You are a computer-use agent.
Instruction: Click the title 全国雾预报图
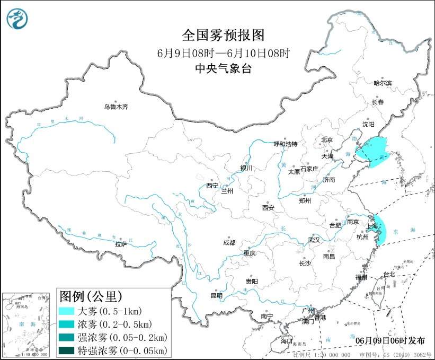click(223, 35)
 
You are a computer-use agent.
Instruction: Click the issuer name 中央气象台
click(223, 68)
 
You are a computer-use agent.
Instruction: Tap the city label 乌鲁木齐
click(116, 107)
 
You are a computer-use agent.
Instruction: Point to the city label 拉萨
click(121, 244)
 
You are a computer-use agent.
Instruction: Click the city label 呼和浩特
click(285, 144)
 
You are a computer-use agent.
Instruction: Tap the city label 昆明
click(217, 295)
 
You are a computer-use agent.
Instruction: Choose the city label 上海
click(372, 226)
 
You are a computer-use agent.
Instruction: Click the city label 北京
click(326, 140)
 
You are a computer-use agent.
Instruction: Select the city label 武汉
click(314, 240)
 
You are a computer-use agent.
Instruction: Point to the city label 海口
click(287, 340)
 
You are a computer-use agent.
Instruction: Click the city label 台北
click(389, 274)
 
